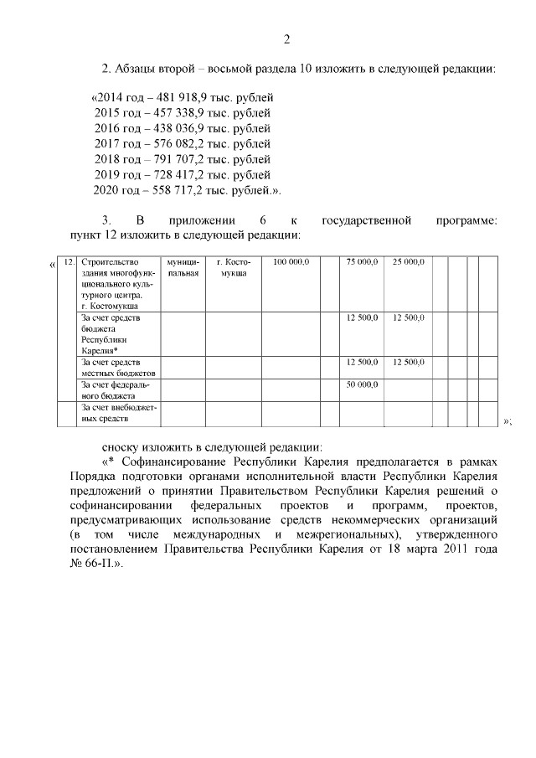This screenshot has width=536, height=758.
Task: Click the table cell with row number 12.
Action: coord(69,262)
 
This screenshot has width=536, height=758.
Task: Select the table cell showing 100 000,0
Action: coord(292,262)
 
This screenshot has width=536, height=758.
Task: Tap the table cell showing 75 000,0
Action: coord(363,262)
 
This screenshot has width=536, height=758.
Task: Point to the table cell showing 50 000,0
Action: coord(363,384)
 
